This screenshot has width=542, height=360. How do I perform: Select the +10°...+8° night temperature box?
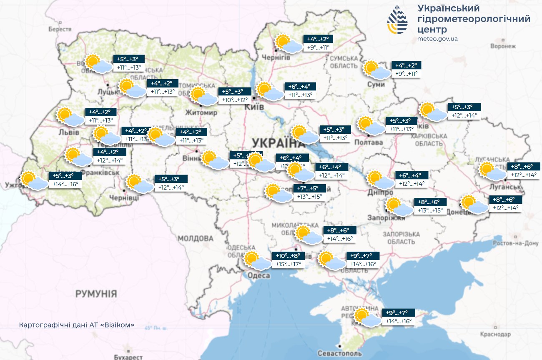(x=288, y=255)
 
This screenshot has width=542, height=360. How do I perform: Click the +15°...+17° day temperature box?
(x=288, y=264)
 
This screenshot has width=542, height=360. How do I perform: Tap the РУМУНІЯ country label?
(x=96, y=294)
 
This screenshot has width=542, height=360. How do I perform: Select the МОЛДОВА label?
(x=196, y=239)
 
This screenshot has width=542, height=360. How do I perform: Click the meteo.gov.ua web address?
(x=437, y=38)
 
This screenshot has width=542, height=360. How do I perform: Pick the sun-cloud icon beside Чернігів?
(x=288, y=43)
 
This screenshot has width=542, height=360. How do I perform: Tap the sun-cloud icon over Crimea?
(x=367, y=317)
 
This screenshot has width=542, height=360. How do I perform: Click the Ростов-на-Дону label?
(x=515, y=243)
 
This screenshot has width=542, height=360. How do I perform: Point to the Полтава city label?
(x=368, y=142)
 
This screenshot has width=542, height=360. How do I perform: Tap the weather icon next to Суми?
(x=376, y=70)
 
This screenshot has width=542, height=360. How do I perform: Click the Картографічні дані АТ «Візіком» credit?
(x=77, y=325)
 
